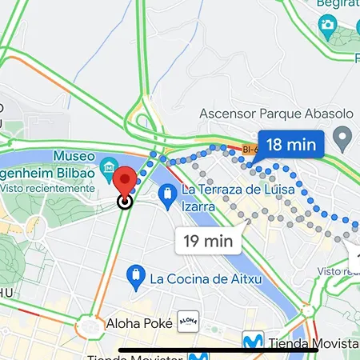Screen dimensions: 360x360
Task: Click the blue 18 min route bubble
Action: coord(290,145)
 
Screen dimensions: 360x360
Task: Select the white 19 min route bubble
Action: coord(208,239)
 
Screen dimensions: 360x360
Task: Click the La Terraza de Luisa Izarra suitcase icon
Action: coord(168,193)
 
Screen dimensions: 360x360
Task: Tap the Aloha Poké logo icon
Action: coord(187,322)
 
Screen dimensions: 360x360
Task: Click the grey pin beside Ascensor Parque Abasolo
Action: coord(343,142)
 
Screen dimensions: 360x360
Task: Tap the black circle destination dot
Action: coord(125,202)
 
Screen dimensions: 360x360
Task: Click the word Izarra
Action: coord(200,207)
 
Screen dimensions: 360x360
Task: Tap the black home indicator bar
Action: coord(180,350)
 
